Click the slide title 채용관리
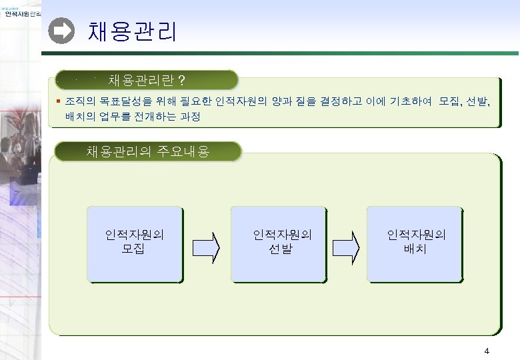(133, 31)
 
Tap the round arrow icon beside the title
(62, 31)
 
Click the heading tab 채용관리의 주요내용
(148, 151)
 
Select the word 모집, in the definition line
(451, 102)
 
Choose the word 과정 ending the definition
(189, 117)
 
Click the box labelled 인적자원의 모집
(134, 243)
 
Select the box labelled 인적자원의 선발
(279, 243)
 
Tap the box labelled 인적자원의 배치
(414, 243)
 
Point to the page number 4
(487, 351)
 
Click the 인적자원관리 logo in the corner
(20, 15)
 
